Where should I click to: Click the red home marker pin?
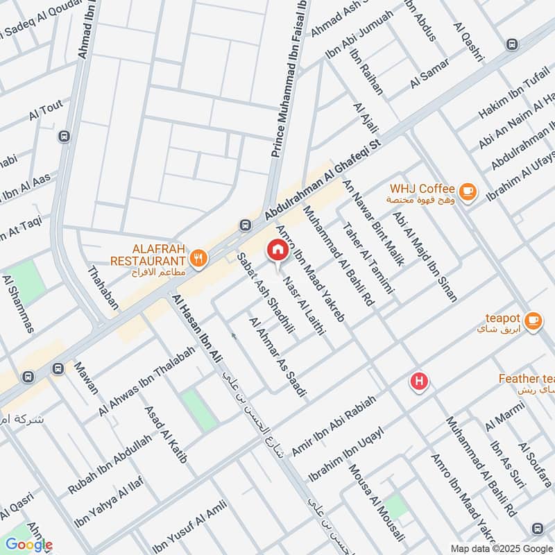(x=277, y=249)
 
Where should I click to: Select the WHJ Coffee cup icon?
(x=468, y=189)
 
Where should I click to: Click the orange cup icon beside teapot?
(x=533, y=319)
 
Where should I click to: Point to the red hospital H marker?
(x=419, y=381)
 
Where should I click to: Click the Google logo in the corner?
(x=28, y=545)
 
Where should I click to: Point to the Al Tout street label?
(x=46, y=108)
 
